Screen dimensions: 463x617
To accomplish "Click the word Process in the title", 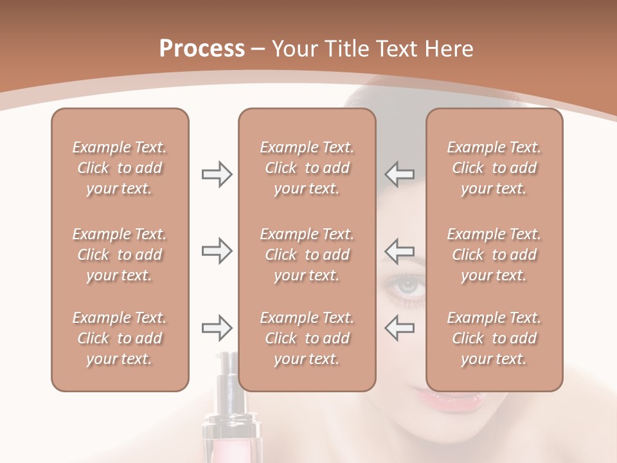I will click(202, 49).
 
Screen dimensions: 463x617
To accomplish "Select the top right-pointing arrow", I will click(217, 174).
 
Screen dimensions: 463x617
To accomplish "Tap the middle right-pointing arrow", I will click(217, 251).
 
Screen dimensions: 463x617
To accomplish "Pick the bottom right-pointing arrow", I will click(217, 328).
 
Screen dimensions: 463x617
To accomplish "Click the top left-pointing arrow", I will click(399, 174).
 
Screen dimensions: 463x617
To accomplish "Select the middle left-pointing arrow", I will click(399, 251).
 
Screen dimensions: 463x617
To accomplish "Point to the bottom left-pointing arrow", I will click(399, 328).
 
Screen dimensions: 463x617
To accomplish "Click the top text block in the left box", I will click(120, 168).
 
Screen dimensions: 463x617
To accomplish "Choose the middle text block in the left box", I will click(120, 255).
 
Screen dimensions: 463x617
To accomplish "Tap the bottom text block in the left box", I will click(120, 338).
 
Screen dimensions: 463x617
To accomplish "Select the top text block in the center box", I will click(307, 168).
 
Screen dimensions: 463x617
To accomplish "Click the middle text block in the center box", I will click(307, 255).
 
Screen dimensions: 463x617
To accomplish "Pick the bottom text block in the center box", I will click(307, 338).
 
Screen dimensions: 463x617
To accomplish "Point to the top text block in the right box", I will click(494, 168).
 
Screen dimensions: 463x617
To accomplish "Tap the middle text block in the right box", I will click(494, 255).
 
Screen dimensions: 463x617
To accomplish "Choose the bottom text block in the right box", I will click(494, 338).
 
